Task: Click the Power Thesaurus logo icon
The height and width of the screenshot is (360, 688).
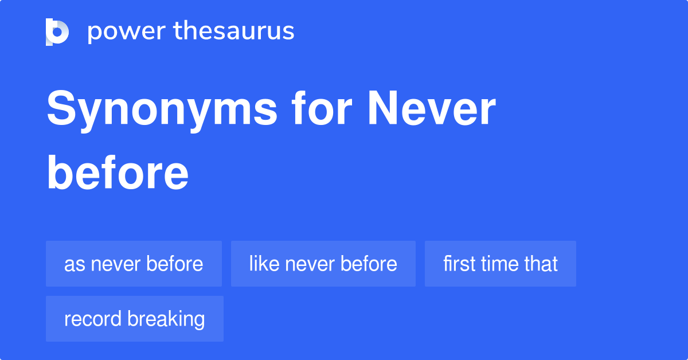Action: click(x=57, y=32)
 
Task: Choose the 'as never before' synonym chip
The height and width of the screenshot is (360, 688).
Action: click(x=134, y=264)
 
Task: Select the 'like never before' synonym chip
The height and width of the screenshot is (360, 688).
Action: click(x=323, y=264)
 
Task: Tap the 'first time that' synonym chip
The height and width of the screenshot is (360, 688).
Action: click(x=500, y=264)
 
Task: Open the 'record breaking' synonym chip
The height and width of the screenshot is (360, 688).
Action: click(x=134, y=319)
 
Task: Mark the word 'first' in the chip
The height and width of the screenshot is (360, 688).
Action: click(x=459, y=264)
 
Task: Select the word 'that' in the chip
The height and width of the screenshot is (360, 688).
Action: click(x=541, y=264)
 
